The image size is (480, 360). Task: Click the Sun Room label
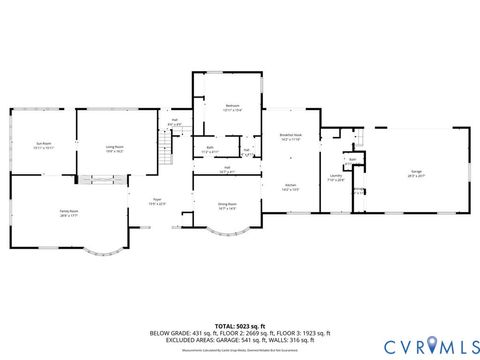pyautogui.click(x=43, y=144)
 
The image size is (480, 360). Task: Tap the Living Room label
pyautogui.click(x=115, y=147)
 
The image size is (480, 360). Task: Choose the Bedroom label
pyautogui.click(x=231, y=105)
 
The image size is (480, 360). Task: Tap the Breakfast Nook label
pyautogui.click(x=291, y=137)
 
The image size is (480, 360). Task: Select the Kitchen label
pyautogui.click(x=290, y=186)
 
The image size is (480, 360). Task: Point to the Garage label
pyautogui.click(x=415, y=171)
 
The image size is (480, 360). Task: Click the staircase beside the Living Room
pyautogui.click(x=167, y=149)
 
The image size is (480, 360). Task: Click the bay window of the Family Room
pyautogui.click(x=105, y=250)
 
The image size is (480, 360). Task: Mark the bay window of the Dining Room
pyautogui.click(x=226, y=236)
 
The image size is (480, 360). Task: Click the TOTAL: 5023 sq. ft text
pyautogui.click(x=239, y=325)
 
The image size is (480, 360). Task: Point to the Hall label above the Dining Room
pyautogui.click(x=227, y=168)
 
